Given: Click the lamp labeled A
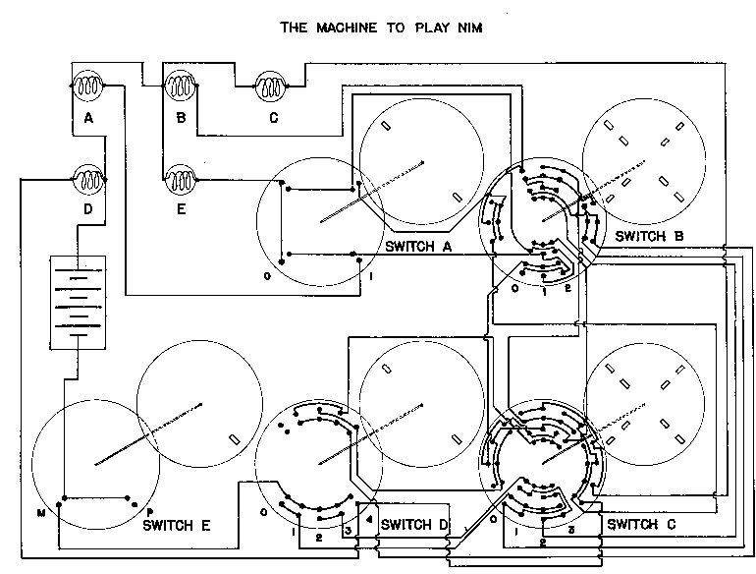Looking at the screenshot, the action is pos(87,86).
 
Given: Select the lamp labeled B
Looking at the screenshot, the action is pos(181,86).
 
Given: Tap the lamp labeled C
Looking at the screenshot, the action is pos(270,86).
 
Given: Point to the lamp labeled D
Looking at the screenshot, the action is pos(88,180).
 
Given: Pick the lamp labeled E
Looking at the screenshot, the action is pos(181,180).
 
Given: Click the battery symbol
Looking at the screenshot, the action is pos(78,302).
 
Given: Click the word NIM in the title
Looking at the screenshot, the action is pos(469,28).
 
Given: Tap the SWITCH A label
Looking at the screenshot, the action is pos(418,247).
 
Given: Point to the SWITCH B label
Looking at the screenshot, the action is pos(649,236).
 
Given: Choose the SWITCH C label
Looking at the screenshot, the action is pos(641,524).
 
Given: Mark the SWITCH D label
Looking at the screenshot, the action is pos(414,525).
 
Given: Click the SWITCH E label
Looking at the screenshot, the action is pos(177,525).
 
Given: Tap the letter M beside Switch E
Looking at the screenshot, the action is pos(41,513).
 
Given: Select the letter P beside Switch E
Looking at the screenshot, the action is pos(149,513).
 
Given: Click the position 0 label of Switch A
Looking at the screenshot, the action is pos(267,276).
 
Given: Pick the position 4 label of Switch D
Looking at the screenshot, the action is pos(369,520).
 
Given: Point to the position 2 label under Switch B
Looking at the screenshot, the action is pos(567,288).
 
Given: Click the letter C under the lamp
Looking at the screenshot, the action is pos(273,118).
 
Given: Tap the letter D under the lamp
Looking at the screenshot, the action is pos(87,209).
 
